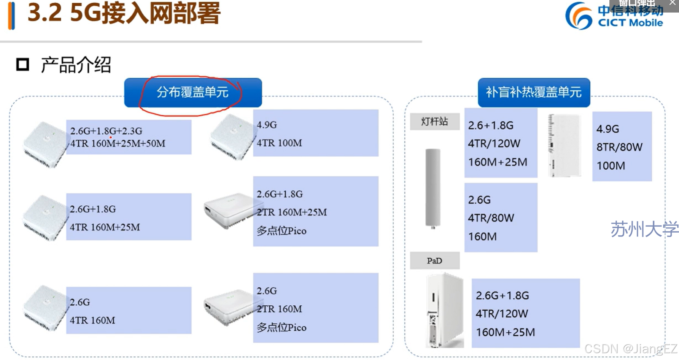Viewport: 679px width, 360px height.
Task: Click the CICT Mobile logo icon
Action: pos(579,16)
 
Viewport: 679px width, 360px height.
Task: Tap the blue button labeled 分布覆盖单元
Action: pos(193,92)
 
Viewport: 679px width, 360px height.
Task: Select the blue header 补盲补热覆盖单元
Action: pos(534,92)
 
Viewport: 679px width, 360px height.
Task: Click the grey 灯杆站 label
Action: pos(434,122)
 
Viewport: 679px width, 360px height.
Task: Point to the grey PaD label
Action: pos(434,261)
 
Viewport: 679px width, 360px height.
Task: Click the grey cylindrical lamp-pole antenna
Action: pos(433,188)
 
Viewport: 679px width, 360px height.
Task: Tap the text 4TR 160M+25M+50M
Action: pos(118,144)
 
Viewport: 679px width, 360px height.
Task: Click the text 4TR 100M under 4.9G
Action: pos(279,143)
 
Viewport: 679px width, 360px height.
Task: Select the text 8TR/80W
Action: pos(619,147)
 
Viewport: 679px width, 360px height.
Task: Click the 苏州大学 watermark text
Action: pos(644,229)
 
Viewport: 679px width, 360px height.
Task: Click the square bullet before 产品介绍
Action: pos(22,65)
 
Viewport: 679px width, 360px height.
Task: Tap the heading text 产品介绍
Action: pos(76,65)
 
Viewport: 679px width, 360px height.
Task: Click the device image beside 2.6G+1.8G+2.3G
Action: pos(45,144)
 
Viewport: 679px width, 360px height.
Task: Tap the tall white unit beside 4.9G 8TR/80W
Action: pos(565,146)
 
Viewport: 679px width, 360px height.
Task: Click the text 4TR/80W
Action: pos(491,218)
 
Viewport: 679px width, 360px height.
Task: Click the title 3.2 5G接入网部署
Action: pos(124,13)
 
